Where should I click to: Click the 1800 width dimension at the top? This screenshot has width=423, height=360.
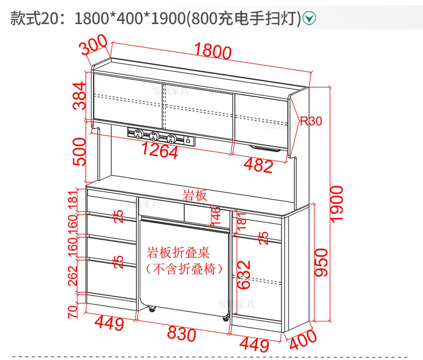tap(213, 51)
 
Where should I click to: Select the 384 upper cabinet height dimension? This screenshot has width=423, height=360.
tap(79, 96)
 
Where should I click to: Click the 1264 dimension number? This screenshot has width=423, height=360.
tap(159, 151)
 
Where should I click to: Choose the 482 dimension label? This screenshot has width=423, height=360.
tap(258, 166)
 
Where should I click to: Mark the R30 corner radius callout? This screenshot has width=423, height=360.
tap(311, 121)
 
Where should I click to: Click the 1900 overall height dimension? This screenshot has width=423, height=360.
tap(336, 205)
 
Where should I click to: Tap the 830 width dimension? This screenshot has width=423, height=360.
tap(182, 334)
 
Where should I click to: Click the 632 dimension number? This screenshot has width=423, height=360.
tap(244, 275)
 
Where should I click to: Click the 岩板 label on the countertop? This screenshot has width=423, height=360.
tap(194, 196)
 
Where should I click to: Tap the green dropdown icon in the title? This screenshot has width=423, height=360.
tap(309, 18)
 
